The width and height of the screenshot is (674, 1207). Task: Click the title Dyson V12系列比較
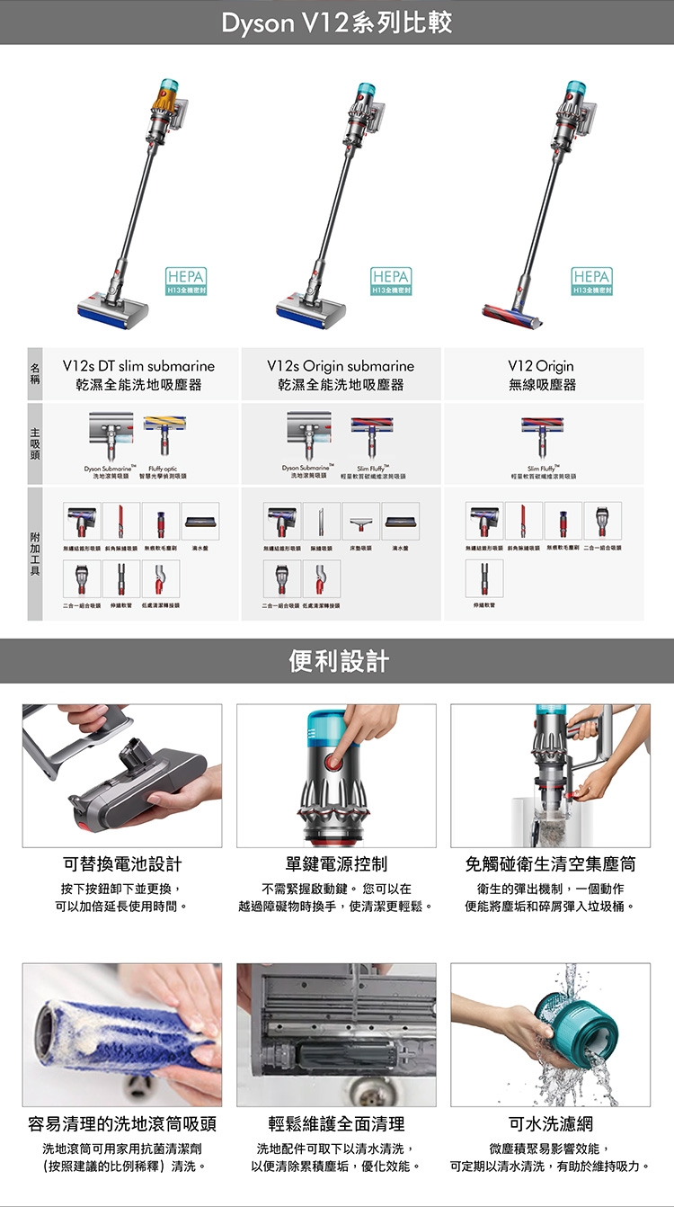pyautogui.click(x=337, y=22)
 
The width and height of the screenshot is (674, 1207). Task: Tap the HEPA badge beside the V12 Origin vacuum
pyautogui.click(x=591, y=282)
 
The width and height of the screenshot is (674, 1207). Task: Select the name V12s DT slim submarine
pyautogui.click(x=138, y=366)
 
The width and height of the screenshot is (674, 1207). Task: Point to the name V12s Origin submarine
pyautogui.click(x=341, y=366)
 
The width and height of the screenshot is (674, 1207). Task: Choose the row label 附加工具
pyautogui.click(x=35, y=553)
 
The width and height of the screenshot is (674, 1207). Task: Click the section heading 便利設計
pyautogui.click(x=337, y=661)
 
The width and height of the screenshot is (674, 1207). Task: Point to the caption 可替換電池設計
pyautogui.click(x=122, y=864)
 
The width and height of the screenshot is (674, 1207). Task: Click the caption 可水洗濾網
pyautogui.click(x=550, y=1123)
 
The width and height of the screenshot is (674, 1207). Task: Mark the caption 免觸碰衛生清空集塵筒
pyautogui.click(x=550, y=864)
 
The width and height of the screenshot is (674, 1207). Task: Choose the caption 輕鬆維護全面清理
pyautogui.click(x=336, y=1123)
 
